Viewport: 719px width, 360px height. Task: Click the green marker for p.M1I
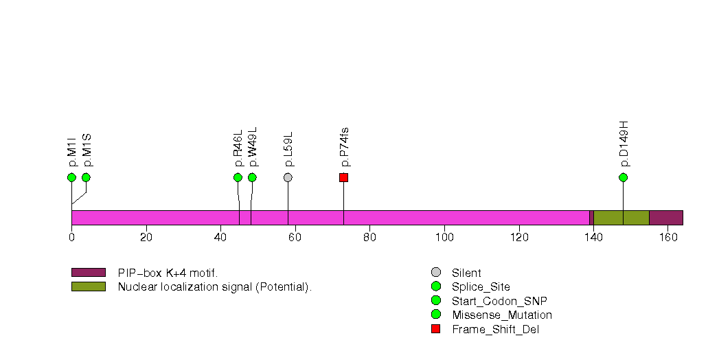71,177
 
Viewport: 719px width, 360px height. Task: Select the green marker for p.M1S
86,177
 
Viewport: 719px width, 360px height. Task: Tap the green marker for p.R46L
238,177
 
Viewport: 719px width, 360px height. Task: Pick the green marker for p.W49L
252,177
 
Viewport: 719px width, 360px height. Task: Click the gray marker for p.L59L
288,177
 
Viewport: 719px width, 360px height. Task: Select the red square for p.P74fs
343,177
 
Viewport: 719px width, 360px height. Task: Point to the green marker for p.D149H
623,177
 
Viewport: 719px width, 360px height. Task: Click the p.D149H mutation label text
624,144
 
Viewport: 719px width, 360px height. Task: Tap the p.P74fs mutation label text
344,147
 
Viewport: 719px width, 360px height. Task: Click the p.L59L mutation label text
288,149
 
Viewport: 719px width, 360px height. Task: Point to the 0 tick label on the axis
71,238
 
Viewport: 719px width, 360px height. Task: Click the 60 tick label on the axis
295,238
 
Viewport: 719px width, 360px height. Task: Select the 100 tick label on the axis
444,238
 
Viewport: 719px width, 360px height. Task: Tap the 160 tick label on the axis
667,238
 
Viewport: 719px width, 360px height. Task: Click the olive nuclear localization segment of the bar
621,217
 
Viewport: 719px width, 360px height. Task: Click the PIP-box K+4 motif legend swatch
88,273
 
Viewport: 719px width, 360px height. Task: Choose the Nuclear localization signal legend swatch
88,286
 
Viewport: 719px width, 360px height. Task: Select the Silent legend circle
435,273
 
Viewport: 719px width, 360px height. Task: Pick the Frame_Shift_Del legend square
435,328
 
